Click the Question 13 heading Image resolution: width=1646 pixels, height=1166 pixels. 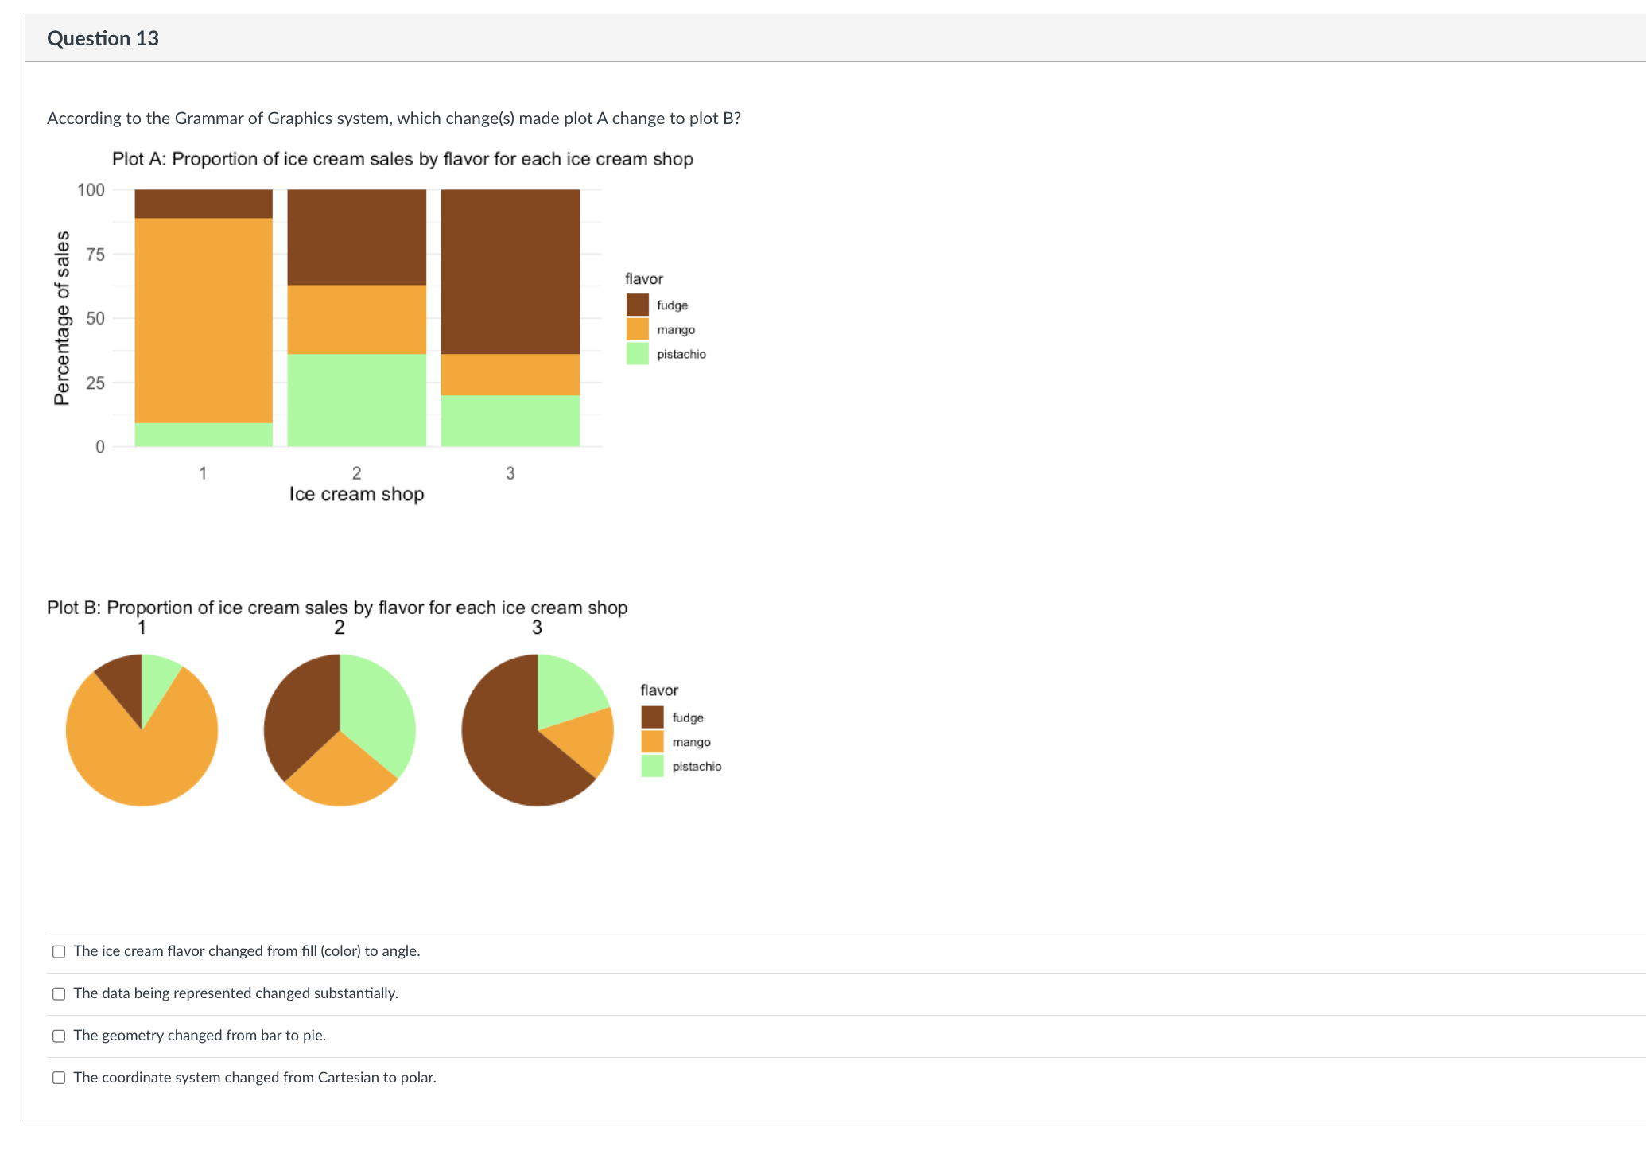[103, 38]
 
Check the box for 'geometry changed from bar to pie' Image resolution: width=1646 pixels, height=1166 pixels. [59, 1036]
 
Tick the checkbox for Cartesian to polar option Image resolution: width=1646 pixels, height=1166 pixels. [59, 1078]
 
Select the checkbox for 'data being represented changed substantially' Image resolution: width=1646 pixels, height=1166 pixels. [59, 993]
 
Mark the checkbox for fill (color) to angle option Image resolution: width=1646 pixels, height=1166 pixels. [59, 951]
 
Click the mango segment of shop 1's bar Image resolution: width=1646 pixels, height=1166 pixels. [204, 320]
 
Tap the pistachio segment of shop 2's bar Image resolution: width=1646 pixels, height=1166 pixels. [356, 399]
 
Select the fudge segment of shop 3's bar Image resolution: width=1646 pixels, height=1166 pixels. [510, 271]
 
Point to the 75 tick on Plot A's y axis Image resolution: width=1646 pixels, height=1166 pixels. [95, 255]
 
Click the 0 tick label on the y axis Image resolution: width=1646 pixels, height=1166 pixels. [100, 447]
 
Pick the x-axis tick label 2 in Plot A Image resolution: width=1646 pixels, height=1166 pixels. [356, 473]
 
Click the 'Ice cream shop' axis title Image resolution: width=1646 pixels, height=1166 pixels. [356, 494]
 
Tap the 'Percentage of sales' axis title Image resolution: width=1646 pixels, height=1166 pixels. [62, 318]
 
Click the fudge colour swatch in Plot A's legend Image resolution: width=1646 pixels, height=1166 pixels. [637, 305]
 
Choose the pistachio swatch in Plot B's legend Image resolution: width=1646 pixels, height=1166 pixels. [652, 766]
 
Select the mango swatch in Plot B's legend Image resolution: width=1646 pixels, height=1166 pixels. [652, 741]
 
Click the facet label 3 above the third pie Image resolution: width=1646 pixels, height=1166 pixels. [537, 628]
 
